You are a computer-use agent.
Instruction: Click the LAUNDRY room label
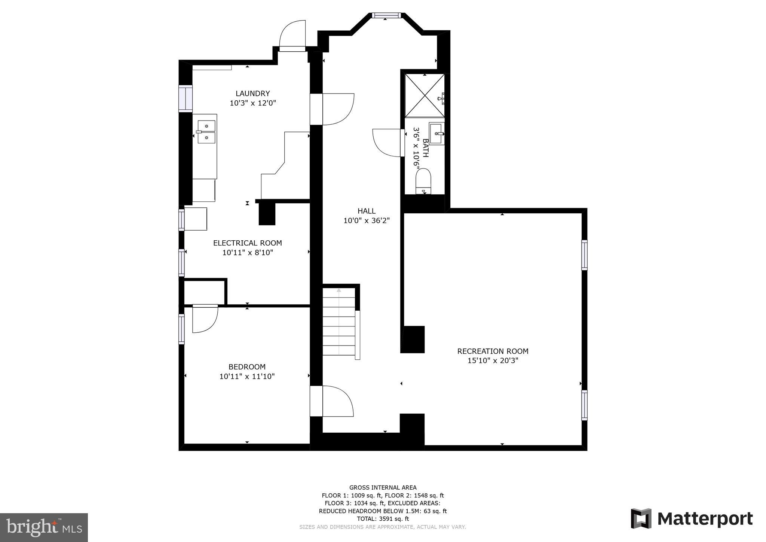252,94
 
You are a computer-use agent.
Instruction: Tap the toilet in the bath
423,181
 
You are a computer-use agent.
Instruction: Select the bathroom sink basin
436,133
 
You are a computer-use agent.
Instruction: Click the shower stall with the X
425,96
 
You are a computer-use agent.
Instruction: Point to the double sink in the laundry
206,132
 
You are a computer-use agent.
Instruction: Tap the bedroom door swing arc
204,319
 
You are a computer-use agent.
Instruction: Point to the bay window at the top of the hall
386,15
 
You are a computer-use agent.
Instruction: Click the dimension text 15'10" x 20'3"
493,361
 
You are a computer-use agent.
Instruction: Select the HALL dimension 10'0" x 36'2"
366,221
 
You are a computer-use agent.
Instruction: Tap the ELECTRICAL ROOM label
247,243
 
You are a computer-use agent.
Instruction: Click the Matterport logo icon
641,518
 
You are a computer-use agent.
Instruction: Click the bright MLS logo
44,527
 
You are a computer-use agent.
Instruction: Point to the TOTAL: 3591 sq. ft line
383,519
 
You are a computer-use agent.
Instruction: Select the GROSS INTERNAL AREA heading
383,487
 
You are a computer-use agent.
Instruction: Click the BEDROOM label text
247,367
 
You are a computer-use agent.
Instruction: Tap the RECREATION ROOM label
493,351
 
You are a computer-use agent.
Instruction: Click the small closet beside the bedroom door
204,292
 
